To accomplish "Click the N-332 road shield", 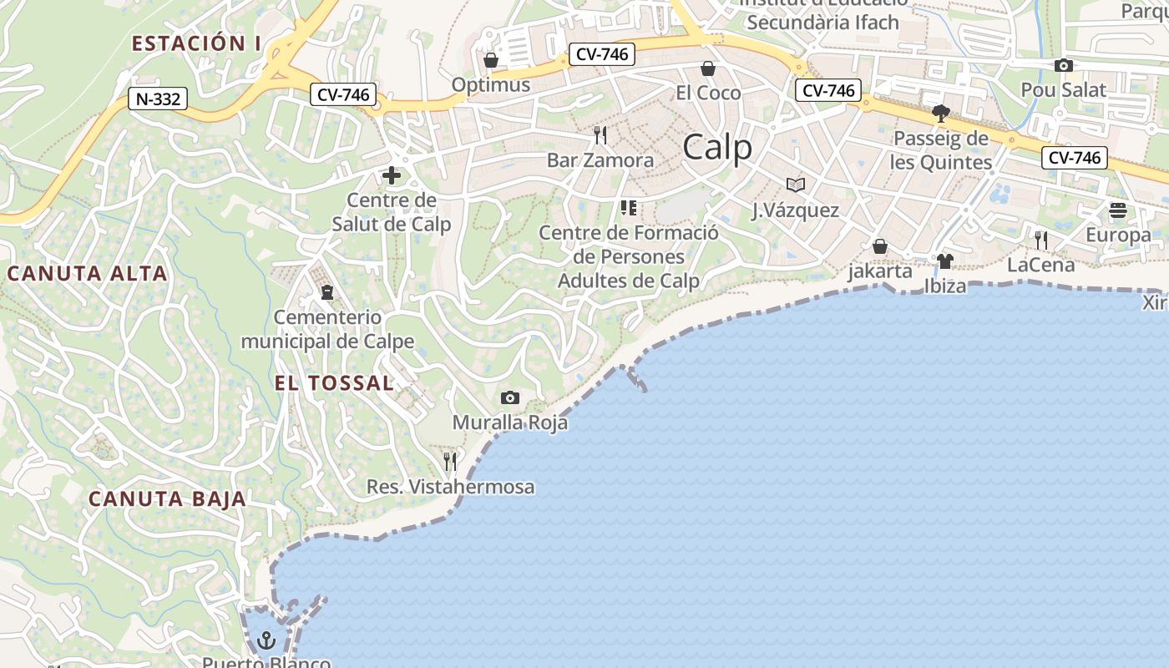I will (158, 99).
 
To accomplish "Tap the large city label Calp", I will (717, 148).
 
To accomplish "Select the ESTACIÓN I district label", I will (196, 44).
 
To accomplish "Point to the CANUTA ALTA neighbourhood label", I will (88, 274).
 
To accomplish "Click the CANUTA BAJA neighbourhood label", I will (168, 499).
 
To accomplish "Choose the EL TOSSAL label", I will (334, 383).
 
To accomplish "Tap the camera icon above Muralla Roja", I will (509, 398).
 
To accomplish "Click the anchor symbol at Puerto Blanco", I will (266, 641).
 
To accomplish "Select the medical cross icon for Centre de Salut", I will (391, 176).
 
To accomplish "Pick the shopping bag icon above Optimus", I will (491, 61).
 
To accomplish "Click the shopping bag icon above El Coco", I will (708, 68).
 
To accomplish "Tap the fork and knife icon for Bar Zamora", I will (600, 134).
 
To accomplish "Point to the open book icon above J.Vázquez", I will (796, 185).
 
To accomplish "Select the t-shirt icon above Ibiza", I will (944, 261).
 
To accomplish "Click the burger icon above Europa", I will (1118, 211).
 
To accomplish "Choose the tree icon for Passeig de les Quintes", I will (941, 113).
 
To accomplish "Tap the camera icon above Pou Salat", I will (1063, 66).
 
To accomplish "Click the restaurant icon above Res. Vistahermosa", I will (450, 461).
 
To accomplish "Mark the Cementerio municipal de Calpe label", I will (327, 329).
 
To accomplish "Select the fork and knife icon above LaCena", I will (1040, 240).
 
